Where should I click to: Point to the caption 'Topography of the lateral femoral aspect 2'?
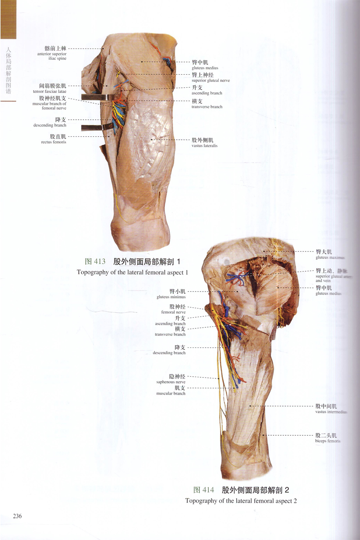tap(241, 500)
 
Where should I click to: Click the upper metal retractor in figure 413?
tap(96, 97)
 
